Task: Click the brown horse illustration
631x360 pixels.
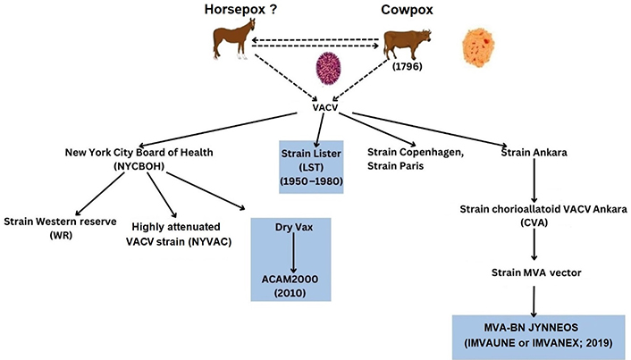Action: click(234, 39)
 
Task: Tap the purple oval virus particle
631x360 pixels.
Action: click(328, 70)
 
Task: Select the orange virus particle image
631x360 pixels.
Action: click(478, 49)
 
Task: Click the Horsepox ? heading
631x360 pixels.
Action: click(240, 9)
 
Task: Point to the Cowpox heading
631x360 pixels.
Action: click(407, 10)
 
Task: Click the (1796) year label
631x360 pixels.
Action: click(408, 66)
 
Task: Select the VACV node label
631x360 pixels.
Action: click(325, 107)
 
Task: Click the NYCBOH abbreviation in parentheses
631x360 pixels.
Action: click(139, 166)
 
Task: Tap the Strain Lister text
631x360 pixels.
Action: click(311, 154)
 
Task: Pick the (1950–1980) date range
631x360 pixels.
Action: click(311, 181)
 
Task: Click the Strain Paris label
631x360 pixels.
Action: click(396, 166)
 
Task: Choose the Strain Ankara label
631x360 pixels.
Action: click(534, 153)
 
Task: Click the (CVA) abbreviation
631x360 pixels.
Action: click(534, 222)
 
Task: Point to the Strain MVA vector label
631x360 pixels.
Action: click(536, 272)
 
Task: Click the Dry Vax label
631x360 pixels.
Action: click(294, 227)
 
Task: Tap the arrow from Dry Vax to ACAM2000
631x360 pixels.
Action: click(293, 253)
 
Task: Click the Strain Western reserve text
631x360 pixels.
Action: click(61, 222)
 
